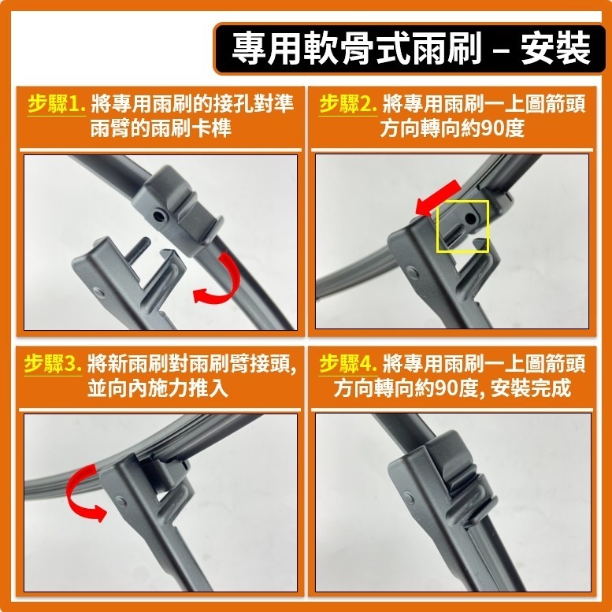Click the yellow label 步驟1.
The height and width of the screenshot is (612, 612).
pyautogui.click(x=57, y=105)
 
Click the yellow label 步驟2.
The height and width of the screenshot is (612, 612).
pyautogui.click(x=348, y=105)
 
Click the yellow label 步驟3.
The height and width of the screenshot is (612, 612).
pyautogui.click(x=53, y=364)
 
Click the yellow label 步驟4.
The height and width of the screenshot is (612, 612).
pyautogui.click(x=348, y=364)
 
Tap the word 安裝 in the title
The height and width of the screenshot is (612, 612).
pyautogui.click(x=555, y=48)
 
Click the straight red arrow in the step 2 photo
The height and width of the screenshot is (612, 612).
pyautogui.click(x=437, y=198)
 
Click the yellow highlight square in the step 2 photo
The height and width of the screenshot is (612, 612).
pyautogui.click(x=463, y=226)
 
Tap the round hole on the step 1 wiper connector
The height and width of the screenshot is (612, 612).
pyautogui.click(x=159, y=215)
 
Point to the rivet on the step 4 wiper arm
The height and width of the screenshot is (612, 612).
pyautogui.click(x=409, y=499)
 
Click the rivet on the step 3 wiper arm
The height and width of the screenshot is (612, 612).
pyautogui.click(x=121, y=502)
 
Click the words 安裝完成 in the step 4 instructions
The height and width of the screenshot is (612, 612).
pyautogui.click(x=531, y=388)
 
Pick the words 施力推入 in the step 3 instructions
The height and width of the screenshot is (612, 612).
pyautogui.click(x=187, y=388)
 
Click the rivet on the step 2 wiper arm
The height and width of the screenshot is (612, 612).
pyautogui.click(x=413, y=272)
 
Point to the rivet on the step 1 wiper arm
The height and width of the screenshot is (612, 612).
pyautogui.click(x=99, y=293)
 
